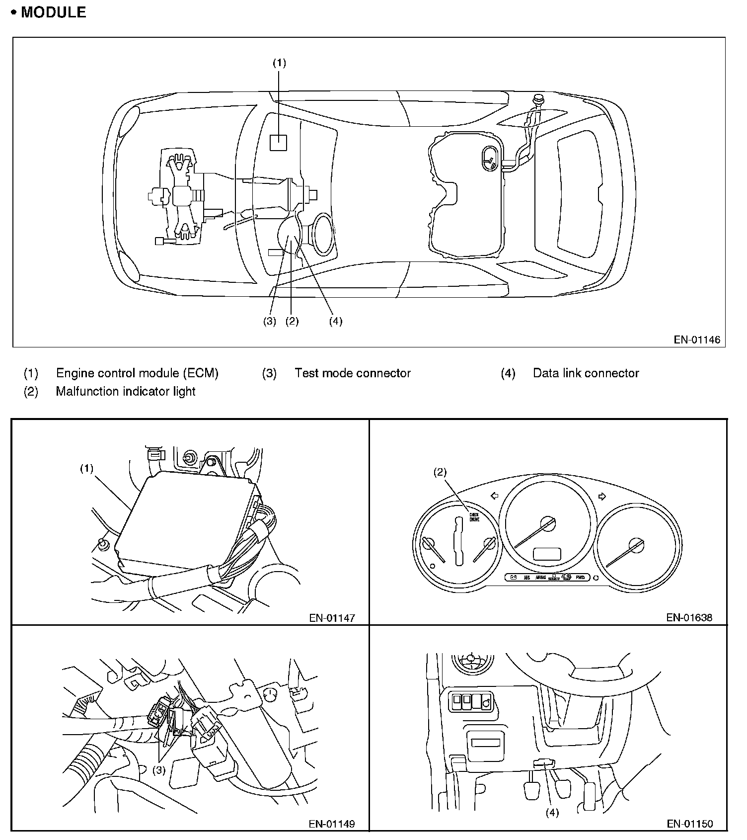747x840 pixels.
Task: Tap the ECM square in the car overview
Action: [x=278, y=143]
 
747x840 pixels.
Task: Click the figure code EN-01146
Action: [x=696, y=340]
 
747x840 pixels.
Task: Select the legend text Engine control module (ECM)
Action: [x=137, y=373]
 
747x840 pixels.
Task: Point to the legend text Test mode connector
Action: [x=352, y=373]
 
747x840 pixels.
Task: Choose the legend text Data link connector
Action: [x=586, y=373]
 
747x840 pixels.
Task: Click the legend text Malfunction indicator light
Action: [x=126, y=392]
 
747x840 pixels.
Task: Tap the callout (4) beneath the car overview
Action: [x=336, y=321]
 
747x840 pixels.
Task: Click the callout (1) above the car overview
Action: [x=279, y=63]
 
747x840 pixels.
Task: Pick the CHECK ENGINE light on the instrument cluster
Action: [x=474, y=516]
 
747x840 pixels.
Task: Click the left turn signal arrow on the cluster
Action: [x=494, y=496]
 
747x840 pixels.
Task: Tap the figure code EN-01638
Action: [x=689, y=618]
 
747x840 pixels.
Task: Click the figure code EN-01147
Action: [x=332, y=618]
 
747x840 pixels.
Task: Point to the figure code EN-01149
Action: [x=332, y=824]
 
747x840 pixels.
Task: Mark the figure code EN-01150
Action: [x=689, y=824]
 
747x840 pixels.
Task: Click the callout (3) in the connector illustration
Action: [x=158, y=770]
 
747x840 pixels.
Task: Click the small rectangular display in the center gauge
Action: [x=547, y=554]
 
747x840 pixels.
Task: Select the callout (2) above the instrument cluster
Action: [x=440, y=472]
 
